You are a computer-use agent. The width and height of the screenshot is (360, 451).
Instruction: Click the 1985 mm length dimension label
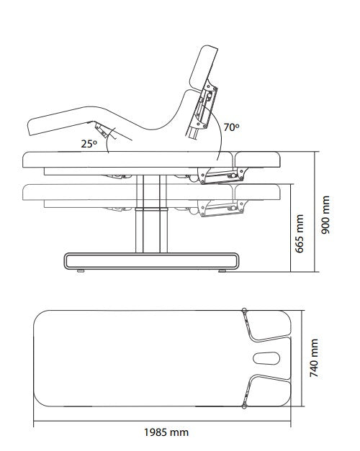[x=166, y=432]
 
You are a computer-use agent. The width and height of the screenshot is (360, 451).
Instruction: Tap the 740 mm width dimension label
[x=314, y=357]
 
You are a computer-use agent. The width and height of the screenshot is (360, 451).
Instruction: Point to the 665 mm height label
[x=300, y=234]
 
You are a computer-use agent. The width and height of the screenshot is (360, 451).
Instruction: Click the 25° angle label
[x=89, y=144]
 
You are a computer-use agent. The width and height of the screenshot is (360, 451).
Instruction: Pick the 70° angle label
[x=231, y=127]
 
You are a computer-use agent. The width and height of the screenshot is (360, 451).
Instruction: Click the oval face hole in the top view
[x=266, y=358]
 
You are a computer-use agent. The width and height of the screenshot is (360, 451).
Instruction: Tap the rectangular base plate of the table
[x=151, y=261]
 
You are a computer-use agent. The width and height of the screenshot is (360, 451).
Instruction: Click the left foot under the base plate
[x=81, y=270]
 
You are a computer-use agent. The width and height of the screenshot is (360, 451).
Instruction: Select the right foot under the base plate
[x=222, y=270]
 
